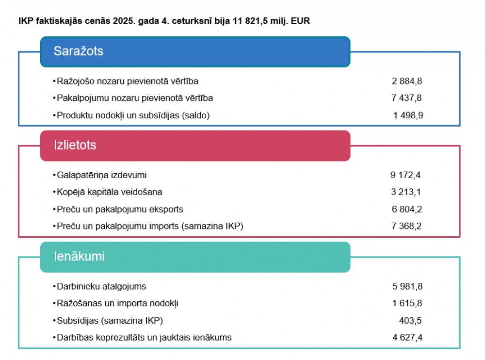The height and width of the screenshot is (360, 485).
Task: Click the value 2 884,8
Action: pos(407,81)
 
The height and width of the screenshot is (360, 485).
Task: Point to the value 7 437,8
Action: pos(407,98)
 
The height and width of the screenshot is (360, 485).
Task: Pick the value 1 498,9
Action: pos(408,115)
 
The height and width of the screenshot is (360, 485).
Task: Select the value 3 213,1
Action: pos(406,192)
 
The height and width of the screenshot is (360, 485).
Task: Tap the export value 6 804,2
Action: pos(406,209)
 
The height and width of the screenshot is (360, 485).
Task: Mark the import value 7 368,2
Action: pos(406,226)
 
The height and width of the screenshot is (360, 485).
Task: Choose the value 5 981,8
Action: pos(407,286)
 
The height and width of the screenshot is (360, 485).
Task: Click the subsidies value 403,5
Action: pos(410,320)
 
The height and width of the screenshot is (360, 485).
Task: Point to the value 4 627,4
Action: pos(407,337)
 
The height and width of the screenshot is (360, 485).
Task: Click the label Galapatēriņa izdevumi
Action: pos(101,175)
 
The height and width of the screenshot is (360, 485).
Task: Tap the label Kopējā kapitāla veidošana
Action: pos(109,192)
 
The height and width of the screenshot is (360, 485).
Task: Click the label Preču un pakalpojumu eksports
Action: pos(120,209)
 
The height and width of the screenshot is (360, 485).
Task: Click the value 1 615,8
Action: pos(407,303)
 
